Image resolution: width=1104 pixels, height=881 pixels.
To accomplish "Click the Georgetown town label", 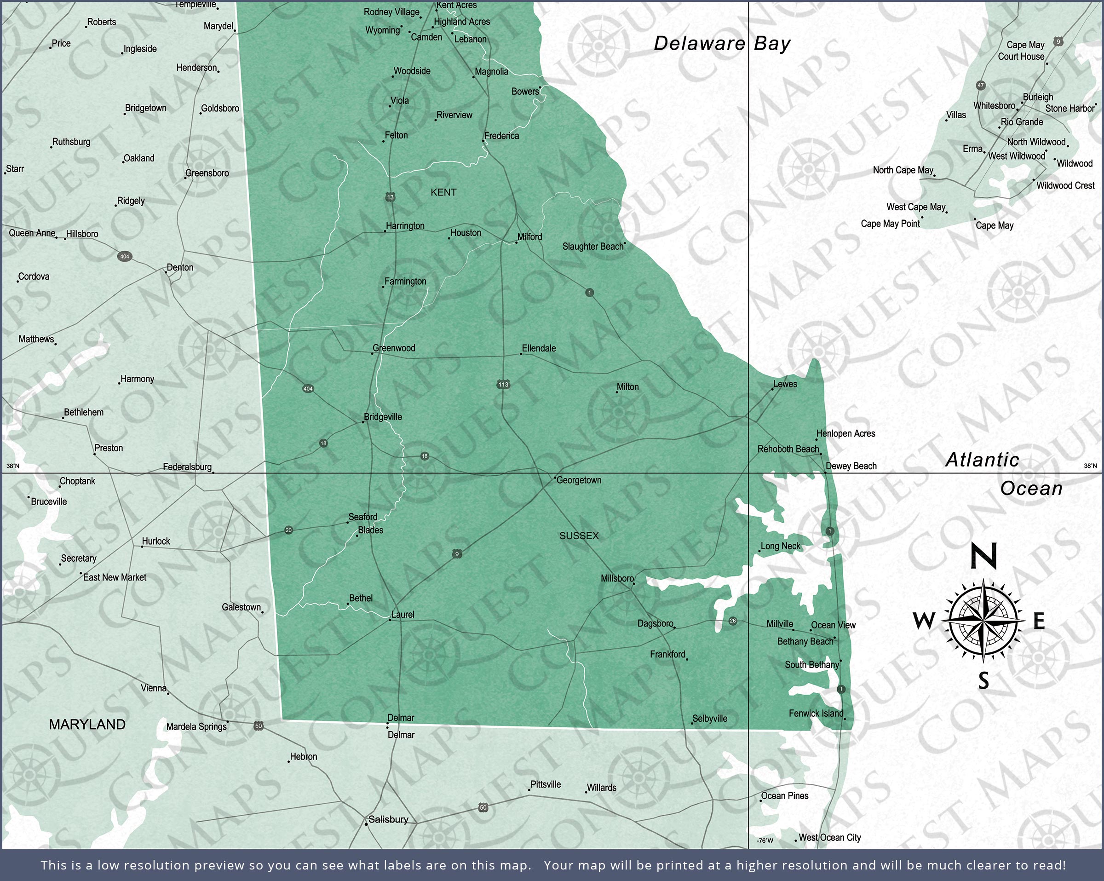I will (x=579, y=480).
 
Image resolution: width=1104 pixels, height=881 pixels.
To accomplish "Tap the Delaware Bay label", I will (x=722, y=44).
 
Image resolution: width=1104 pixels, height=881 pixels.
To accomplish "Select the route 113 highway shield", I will (x=503, y=384).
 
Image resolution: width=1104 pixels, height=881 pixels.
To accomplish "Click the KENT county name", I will (x=443, y=193).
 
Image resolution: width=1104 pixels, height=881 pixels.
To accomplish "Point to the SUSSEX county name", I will (x=579, y=536).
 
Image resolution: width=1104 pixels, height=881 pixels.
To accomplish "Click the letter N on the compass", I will (x=983, y=556).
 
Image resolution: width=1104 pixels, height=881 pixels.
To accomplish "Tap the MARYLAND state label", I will (x=87, y=724).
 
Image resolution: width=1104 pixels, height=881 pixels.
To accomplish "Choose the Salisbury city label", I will (x=388, y=819).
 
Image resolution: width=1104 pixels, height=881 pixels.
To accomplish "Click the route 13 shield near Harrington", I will (x=390, y=197).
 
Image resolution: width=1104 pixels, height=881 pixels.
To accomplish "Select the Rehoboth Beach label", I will (x=788, y=449).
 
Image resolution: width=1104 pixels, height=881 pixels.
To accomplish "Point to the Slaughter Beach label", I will (x=593, y=247).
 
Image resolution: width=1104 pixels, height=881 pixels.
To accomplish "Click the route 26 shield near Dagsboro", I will (x=733, y=621).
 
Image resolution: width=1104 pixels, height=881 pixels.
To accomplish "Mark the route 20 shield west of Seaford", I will (x=288, y=530).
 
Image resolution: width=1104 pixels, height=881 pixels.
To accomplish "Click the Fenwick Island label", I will (x=816, y=714).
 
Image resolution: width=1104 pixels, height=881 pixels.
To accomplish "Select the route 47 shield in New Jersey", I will (x=981, y=86).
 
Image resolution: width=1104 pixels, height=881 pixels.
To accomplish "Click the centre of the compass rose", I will (x=983, y=620).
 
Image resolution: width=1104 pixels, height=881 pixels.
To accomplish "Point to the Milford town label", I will (x=529, y=237).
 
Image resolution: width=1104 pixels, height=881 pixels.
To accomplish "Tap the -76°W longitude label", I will (x=765, y=841).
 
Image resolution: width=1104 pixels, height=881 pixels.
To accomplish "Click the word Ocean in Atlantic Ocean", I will (x=1031, y=489).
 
